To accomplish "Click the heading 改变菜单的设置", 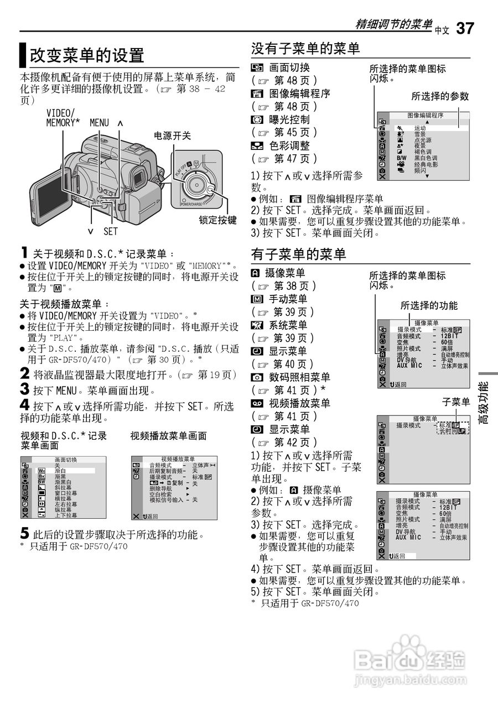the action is click(x=87, y=55).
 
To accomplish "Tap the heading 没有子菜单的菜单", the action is click(x=305, y=49).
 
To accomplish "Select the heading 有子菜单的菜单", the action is click(x=298, y=254).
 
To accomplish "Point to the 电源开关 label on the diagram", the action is click(x=172, y=136).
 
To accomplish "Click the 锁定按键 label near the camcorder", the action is click(x=218, y=220).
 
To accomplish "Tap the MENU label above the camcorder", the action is click(x=99, y=123).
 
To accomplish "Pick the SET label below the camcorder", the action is click(x=111, y=231).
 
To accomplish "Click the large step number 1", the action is click(x=24, y=252).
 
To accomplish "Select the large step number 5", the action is click(x=24, y=533).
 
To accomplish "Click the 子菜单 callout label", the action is click(x=456, y=402).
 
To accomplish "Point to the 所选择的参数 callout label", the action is click(x=440, y=96).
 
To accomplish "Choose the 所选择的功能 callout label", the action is click(x=429, y=305).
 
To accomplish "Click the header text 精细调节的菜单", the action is click(x=394, y=24).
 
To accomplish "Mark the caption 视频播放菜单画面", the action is click(x=169, y=436).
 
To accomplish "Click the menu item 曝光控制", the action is click(x=289, y=119).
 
